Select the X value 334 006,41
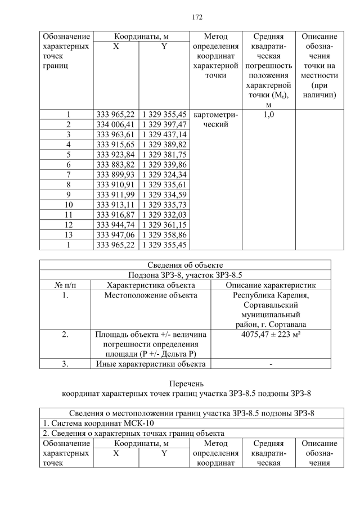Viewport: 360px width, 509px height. (x=115, y=124)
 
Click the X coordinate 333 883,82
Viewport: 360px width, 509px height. (x=115, y=164)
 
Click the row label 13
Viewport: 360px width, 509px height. (x=68, y=235)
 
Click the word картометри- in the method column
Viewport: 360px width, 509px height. (x=216, y=114)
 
